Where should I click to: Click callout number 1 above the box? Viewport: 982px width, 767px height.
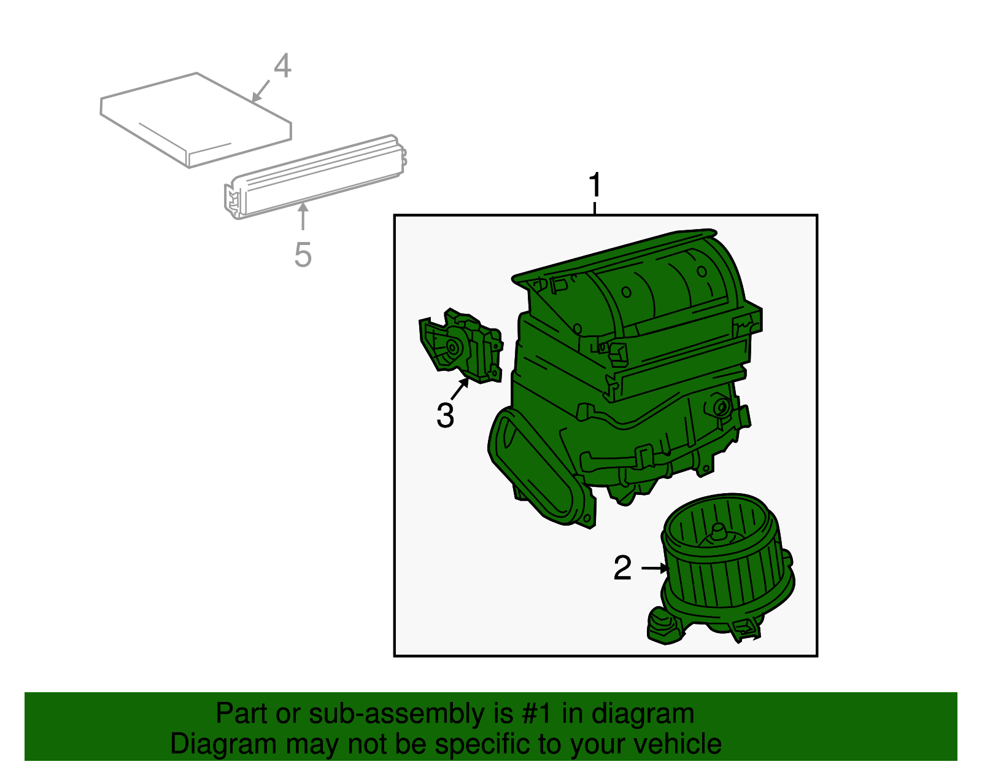[x=595, y=185]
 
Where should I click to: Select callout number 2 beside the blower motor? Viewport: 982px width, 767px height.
[x=622, y=567]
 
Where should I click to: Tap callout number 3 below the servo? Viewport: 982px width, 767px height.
[x=445, y=415]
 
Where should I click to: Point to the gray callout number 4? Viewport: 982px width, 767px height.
[x=282, y=66]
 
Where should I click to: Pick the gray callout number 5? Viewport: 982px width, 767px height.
[x=303, y=254]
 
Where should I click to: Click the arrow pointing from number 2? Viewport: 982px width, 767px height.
[x=655, y=568]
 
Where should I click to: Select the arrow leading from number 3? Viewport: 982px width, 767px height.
[x=460, y=389]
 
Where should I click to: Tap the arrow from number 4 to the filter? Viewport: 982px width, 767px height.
[x=261, y=91]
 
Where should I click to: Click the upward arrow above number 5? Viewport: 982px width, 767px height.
[x=303, y=217]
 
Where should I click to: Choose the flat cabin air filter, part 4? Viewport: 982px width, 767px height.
[x=196, y=120]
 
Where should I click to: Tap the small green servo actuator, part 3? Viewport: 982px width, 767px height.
[x=461, y=346]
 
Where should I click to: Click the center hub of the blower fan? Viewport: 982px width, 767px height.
[x=719, y=532]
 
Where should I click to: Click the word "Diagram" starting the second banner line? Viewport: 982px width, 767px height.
[x=223, y=744]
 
